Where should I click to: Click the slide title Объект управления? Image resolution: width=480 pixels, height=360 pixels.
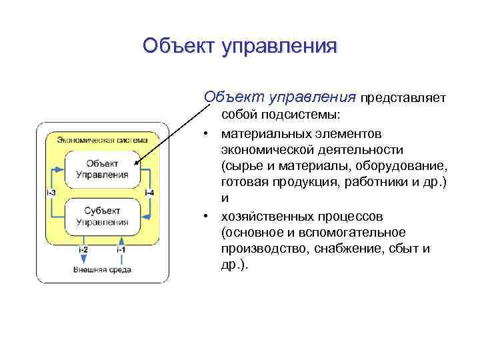(240, 46)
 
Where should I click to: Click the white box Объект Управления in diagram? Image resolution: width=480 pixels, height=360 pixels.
(102, 169)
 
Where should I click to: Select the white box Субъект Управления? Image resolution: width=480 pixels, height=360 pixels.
(102, 216)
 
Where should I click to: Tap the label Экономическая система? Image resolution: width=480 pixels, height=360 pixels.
(102, 139)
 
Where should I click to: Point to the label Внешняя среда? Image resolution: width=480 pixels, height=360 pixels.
(102, 269)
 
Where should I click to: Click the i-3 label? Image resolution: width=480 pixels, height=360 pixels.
(51, 193)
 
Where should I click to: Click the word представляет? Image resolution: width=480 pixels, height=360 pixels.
(402, 99)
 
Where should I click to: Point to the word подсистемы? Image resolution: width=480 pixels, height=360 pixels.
(313, 114)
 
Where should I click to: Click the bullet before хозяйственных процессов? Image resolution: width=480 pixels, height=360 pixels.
(208, 216)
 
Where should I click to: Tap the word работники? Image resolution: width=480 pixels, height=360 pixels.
(379, 182)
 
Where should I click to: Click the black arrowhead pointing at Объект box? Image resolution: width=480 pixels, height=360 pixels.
(136, 162)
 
